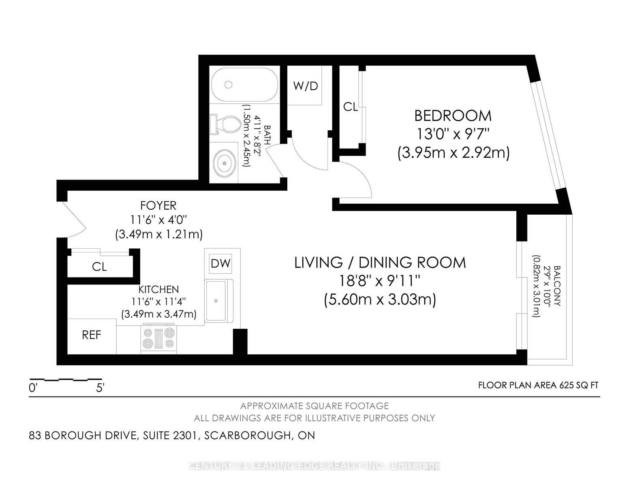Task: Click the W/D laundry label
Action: [x=306, y=86]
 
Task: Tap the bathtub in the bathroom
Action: [x=245, y=84]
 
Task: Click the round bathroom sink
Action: [x=225, y=163]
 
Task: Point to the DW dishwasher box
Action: [x=220, y=263]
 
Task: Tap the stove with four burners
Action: [x=158, y=338]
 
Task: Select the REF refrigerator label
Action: [x=92, y=335]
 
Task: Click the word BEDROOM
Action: [x=453, y=116]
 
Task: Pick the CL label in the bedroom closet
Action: [x=351, y=107]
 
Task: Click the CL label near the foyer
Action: [x=99, y=267]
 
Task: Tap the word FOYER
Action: [x=158, y=205]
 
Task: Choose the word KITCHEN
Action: [x=158, y=289]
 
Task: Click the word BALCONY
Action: [x=557, y=286]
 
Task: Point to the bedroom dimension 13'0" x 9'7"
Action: [x=453, y=134]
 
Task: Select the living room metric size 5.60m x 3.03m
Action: [x=380, y=299]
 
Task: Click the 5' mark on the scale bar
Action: [x=100, y=388]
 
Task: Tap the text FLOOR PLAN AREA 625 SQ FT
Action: [x=538, y=385]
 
